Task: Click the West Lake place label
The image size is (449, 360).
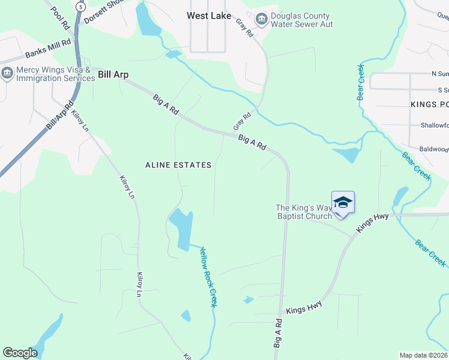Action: [208, 16]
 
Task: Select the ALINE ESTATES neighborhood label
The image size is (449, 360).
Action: [178, 164]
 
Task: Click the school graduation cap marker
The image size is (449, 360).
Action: [343, 202]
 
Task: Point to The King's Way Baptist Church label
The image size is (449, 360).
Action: [303, 212]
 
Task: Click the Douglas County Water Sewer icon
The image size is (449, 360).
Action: [262, 20]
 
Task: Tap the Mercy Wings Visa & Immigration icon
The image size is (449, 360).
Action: [7, 74]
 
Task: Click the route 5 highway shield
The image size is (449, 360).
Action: [80, 7]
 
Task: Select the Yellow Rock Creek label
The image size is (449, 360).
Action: [208, 277]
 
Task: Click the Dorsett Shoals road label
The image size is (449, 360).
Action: [103, 11]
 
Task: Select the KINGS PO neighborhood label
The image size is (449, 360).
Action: [429, 104]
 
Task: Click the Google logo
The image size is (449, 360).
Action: [20, 352]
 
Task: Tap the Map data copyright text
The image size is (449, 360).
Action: [423, 355]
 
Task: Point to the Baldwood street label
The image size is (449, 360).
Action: [433, 149]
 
